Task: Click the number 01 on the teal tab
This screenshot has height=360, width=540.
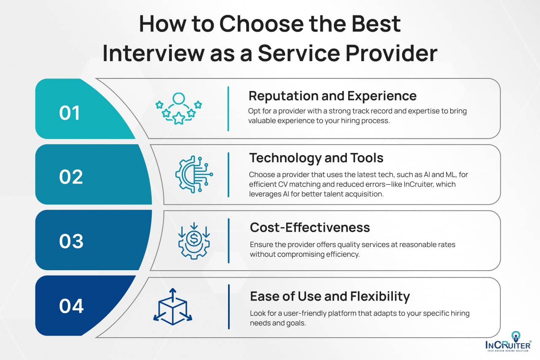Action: tap(70, 113)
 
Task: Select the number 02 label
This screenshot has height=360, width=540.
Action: tap(71, 177)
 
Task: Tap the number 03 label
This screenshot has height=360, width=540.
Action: tap(71, 242)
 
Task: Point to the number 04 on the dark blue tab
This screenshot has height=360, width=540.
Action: tap(71, 306)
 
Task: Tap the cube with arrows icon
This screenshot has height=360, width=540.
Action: tap(172, 307)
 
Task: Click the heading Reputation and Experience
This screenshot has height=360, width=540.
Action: tap(332, 96)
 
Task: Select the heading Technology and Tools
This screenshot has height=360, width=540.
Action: tap(316, 158)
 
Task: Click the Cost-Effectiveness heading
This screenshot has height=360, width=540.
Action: tap(310, 227)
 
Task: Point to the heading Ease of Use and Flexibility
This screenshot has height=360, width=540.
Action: tap(330, 296)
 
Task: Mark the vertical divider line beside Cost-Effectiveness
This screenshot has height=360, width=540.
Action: tap(228, 241)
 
